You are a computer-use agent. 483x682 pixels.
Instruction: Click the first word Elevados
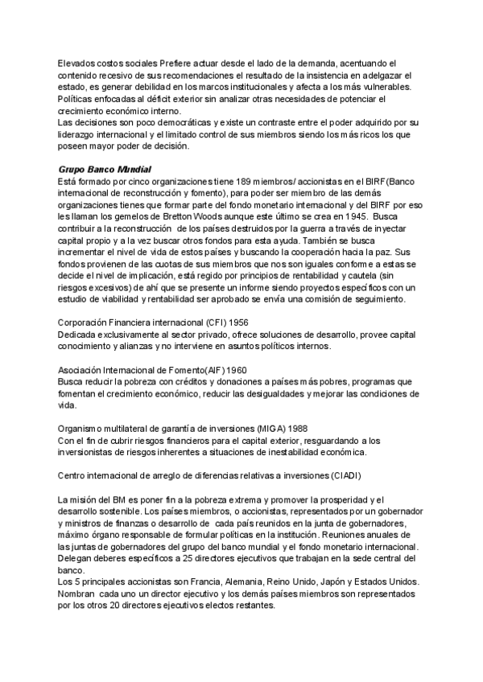point(78,63)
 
